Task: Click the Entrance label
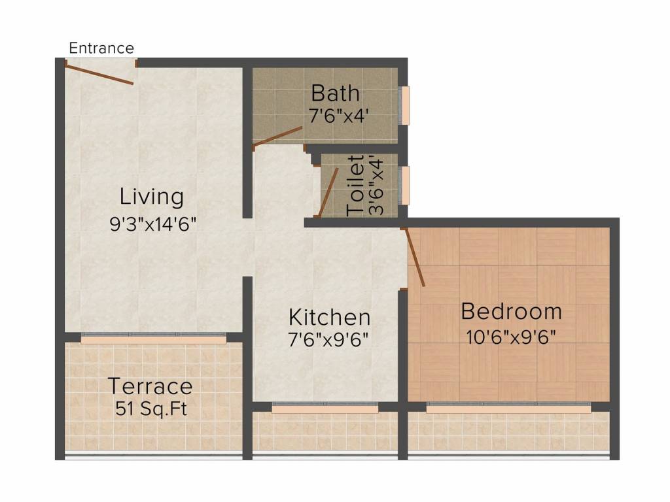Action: pyautogui.click(x=101, y=48)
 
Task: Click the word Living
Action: pyautogui.click(x=152, y=197)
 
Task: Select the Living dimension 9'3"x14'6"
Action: pyautogui.click(x=153, y=224)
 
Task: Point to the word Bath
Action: pyautogui.click(x=336, y=93)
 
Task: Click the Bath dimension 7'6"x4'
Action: pyautogui.click(x=338, y=116)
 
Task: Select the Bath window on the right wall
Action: pyautogui.click(x=404, y=105)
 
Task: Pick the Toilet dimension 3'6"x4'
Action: pyautogui.click(x=376, y=187)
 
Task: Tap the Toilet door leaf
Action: pyautogui.click(x=329, y=192)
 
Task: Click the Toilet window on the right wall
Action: pyautogui.click(x=404, y=185)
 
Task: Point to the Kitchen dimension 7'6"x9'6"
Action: pyautogui.click(x=328, y=340)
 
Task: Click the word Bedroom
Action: pyautogui.click(x=512, y=311)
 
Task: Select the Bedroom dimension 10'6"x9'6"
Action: pyautogui.click(x=511, y=337)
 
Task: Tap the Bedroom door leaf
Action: pyautogui.click(x=414, y=257)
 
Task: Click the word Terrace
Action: pyautogui.click(x=150, y=386)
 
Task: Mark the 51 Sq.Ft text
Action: pyautogui.click(x=151, y=409)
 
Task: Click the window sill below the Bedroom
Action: pyautogui.click(x=508, y=409)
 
